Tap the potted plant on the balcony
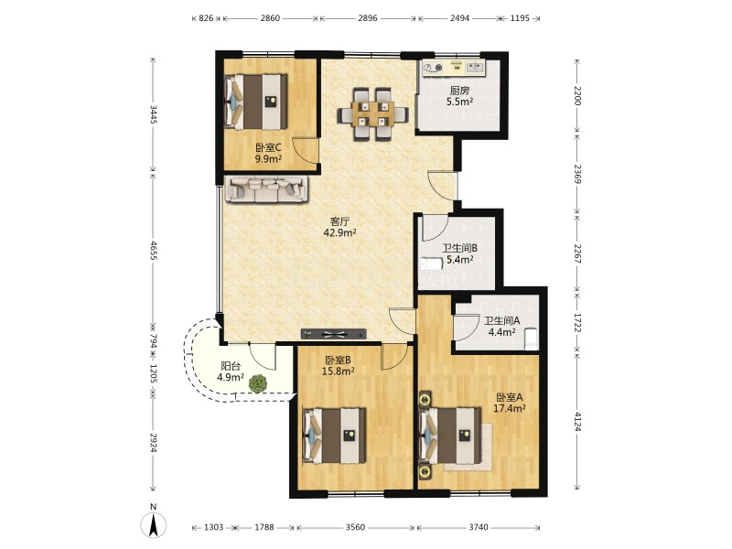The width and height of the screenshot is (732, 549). click(258, 383)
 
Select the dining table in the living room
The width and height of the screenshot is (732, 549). click(372, 113)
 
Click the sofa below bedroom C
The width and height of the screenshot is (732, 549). click(266, 188)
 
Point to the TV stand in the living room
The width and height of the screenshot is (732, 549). click(333, 334)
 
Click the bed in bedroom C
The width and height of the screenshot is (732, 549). click(255, 102)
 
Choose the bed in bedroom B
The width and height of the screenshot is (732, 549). click(334, 436)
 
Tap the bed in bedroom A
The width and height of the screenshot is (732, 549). click(450, 436)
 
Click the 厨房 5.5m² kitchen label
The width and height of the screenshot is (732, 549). click(459, 96)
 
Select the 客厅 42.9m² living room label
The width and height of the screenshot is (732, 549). click(339, 227)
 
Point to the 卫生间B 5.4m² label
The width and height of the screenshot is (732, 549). click(460, 253)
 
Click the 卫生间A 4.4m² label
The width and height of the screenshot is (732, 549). click(501, 327)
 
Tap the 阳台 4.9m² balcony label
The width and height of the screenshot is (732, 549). click(231, 371)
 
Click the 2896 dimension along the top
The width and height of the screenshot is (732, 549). click(368, 18)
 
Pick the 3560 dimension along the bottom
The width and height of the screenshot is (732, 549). click(355, 528)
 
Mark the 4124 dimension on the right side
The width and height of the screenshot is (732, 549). click(577, 421)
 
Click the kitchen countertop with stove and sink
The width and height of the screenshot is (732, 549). click(454, 68)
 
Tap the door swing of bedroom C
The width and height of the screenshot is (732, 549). click(305, 150)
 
